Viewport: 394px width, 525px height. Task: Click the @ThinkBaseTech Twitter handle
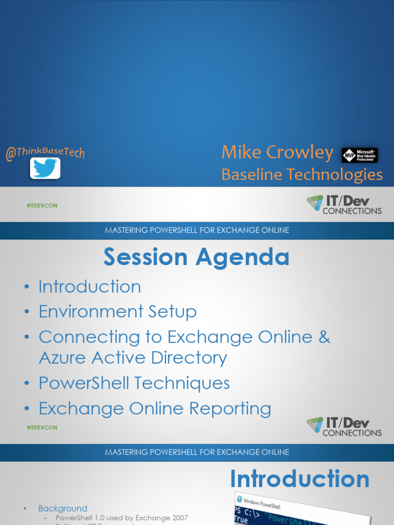[x=45, y=152]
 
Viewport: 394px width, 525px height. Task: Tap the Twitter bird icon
[x=45, y=168]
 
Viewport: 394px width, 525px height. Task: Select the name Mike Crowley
[x=277, y=152]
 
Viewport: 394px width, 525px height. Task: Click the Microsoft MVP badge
[x=360, y=155]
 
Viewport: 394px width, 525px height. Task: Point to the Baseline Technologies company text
[x=302, y=175]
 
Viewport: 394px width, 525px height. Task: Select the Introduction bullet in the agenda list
[x=90, y=287]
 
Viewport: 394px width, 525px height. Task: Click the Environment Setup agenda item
[x=117, y=312]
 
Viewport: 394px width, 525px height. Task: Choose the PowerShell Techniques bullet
[x=134, y=383]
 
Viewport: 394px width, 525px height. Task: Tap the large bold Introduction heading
[x=300, y=479]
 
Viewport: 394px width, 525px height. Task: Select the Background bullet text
[x=63, y=508]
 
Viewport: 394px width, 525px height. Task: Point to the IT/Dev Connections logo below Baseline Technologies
[x=344, y=205]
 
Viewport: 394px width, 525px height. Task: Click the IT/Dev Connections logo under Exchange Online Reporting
[x=344, y=427]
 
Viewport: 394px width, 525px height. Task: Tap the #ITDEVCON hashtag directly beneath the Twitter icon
[x=42, y=206]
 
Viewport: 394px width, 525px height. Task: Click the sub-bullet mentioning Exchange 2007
[x=122, y=518]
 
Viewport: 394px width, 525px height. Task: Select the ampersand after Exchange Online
[x=324, y=337]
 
